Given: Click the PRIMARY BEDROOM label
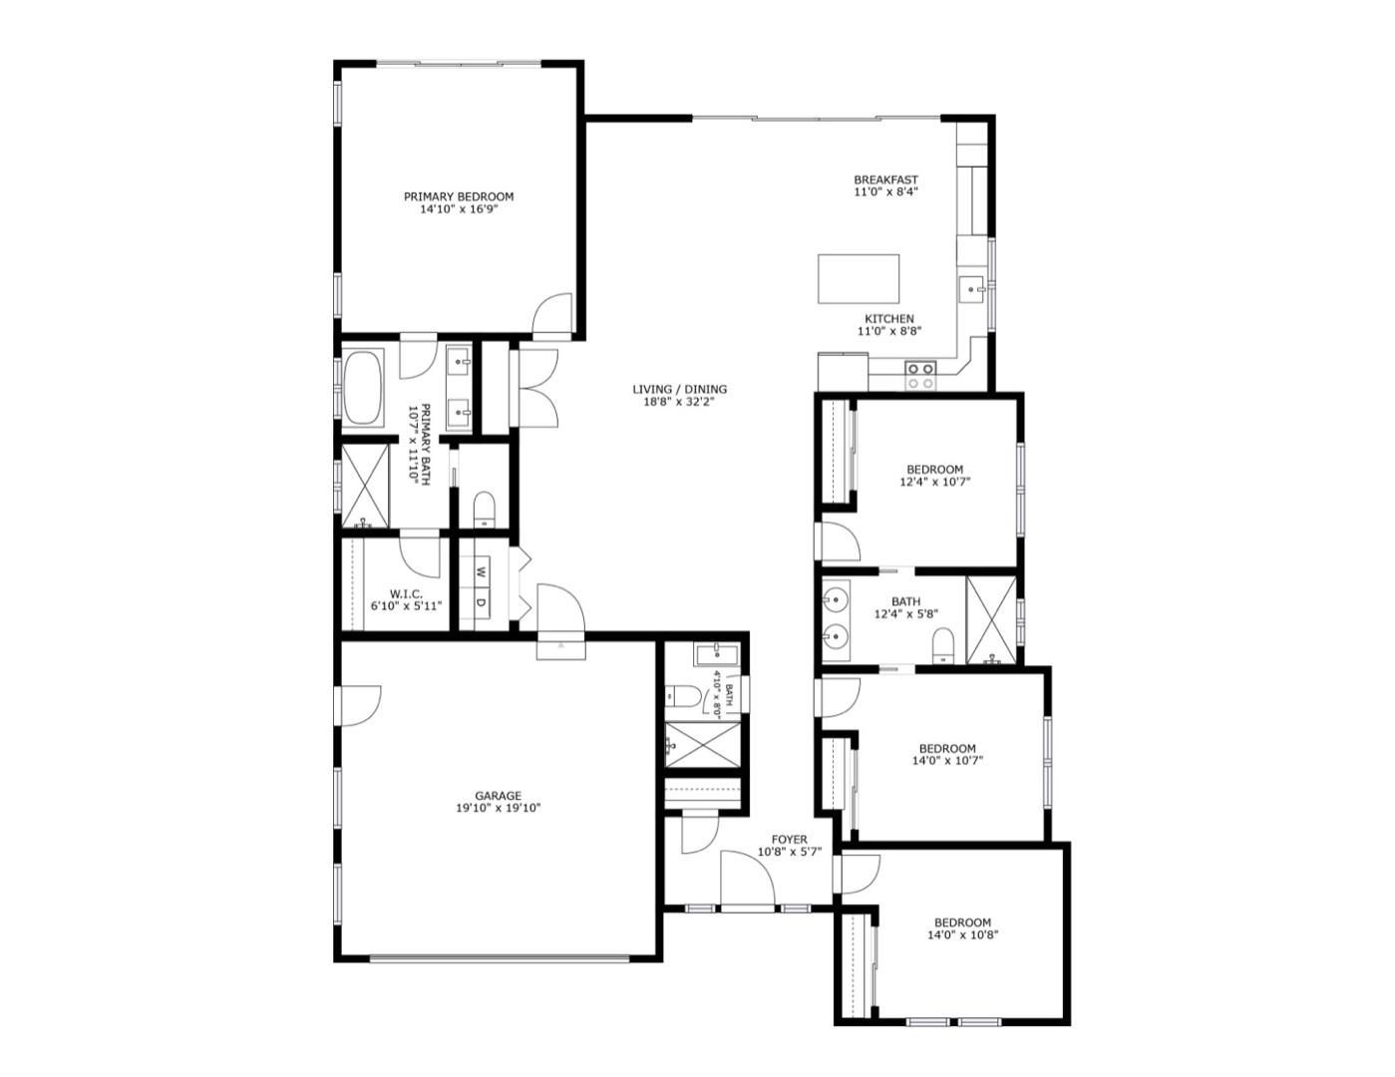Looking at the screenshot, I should tap(458, 196).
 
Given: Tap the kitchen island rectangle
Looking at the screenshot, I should tap(858, 278).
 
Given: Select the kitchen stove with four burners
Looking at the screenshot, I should tap(920, 375).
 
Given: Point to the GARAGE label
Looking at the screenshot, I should tap(498, 796).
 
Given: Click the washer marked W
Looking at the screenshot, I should tap(480, 572).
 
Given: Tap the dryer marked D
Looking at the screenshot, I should tap(480, 602).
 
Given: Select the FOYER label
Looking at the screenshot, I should tap(789, 840).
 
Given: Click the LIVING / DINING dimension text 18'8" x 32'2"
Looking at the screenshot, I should tap(679, 403).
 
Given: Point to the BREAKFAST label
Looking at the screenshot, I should tap(885, 179).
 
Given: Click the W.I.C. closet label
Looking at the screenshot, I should tap(406, 593).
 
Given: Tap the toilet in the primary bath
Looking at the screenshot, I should tap(484, 507).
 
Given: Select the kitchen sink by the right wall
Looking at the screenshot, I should tap(972, 289).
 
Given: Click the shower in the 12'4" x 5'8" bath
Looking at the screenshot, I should tap(991, 620).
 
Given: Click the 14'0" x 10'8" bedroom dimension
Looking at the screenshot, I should tap(961, 935).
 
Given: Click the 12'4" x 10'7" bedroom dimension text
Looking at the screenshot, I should tap(934, 482).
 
